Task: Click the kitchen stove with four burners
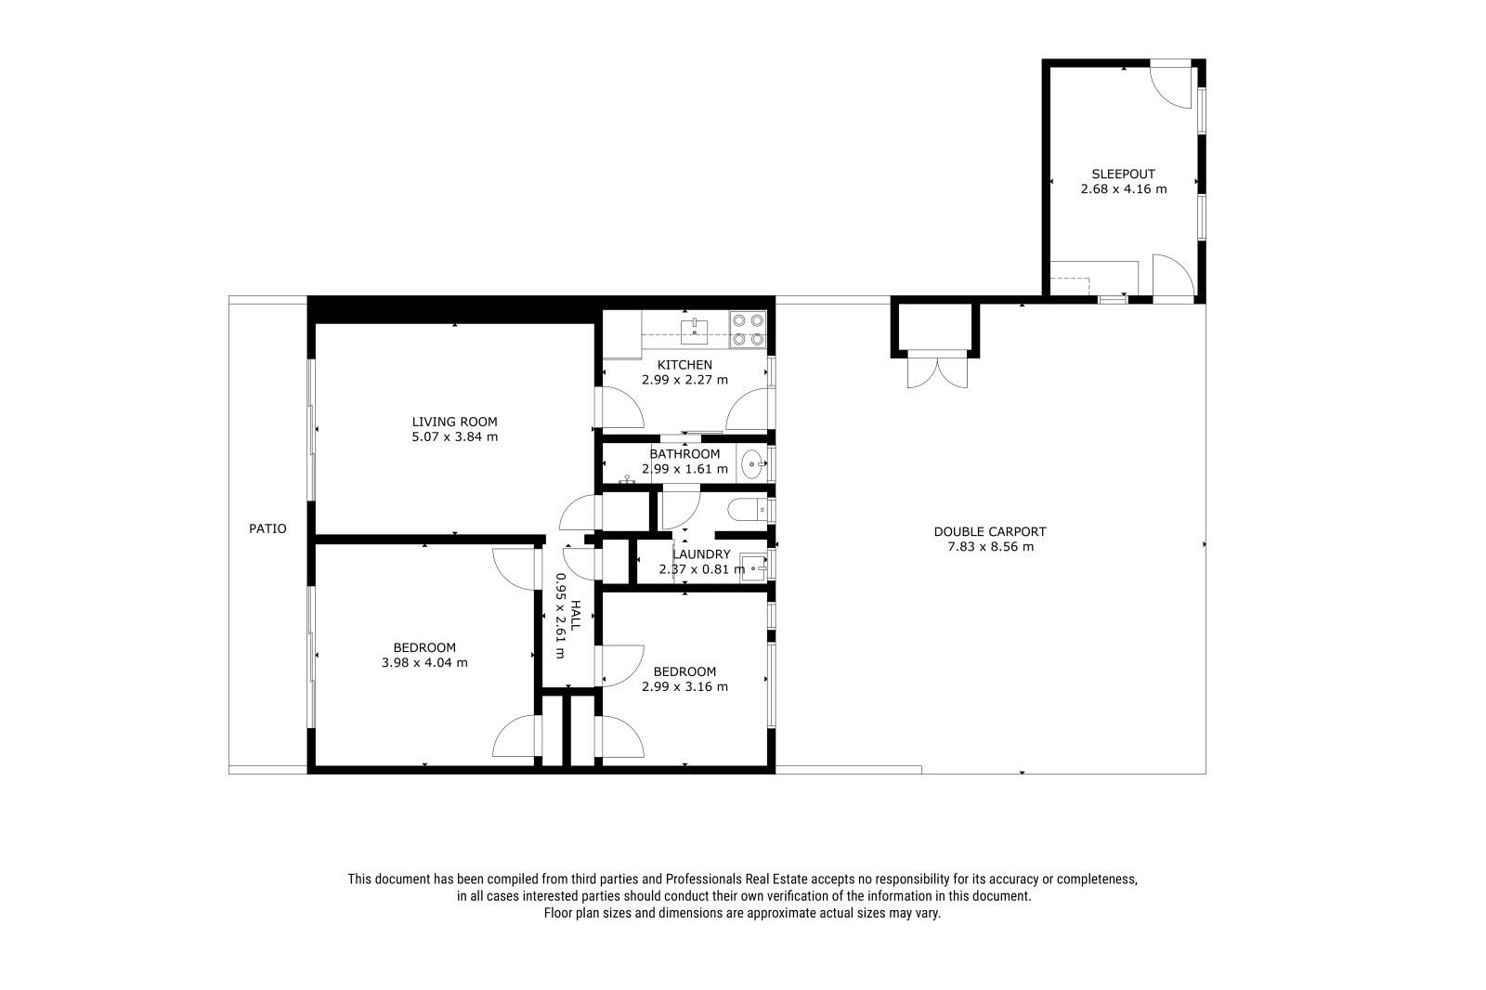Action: (748, 330)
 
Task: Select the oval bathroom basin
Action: (751, 463)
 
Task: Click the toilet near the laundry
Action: (747, 511)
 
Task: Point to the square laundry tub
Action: (753, 567)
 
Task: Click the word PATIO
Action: (268, 528)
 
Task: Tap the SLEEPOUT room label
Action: (1124, 174)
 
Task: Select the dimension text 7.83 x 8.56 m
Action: (990, 547)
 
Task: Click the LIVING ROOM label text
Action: (454, 422)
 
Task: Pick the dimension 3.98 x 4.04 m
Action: (424, 662)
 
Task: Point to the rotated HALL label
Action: (575, 615)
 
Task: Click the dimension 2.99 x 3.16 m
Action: (684, 686)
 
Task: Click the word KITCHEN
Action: (684, 364)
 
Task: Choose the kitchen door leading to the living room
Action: (619, 407)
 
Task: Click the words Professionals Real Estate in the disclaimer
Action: (736, 879)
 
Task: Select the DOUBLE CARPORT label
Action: (990, 531)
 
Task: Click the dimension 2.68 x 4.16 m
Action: (1124, 189)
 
